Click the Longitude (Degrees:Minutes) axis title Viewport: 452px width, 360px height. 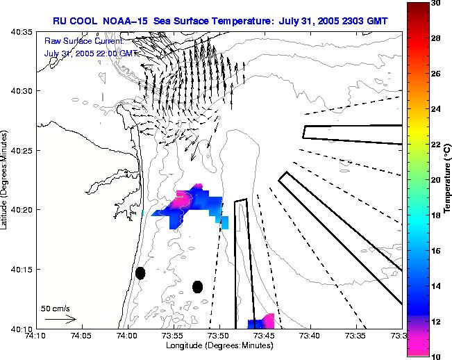(218, 346)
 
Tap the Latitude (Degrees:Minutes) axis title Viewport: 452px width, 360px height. (6, 181)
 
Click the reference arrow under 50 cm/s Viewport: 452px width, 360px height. (60, 319)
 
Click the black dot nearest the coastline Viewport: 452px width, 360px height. (140, 273)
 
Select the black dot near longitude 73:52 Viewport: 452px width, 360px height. (197, 286)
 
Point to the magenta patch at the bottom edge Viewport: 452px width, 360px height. (269, 320)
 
